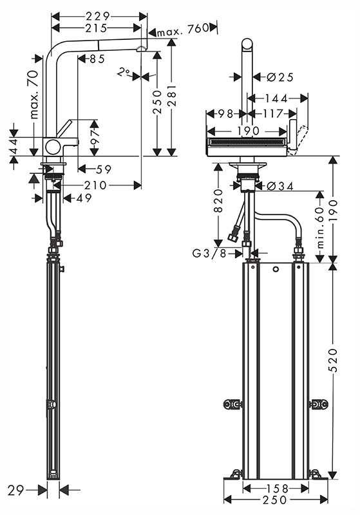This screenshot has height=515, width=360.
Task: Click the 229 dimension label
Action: (97, 16)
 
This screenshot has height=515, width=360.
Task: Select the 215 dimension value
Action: (96, 28)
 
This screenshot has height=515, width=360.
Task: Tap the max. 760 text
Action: (183, 30)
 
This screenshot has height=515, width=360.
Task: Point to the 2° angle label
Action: (124, 72)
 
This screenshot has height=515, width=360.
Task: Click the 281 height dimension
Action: (172, 95)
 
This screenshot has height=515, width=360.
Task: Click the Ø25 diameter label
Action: (280, 77)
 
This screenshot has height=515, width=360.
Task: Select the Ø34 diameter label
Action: (280, 186)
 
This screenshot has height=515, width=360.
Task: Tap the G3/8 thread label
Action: (209, 253)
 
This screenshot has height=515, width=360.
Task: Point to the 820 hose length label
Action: (218, 201)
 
